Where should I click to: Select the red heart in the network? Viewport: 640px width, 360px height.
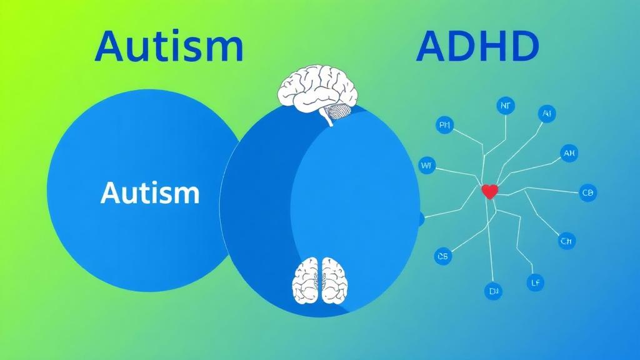click(x=489, y=192)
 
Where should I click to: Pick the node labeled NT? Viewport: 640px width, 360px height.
click(x=505, y=106)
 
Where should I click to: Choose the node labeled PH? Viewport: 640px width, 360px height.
click(x=445, y=126)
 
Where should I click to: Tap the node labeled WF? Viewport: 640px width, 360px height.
click(x=427, y=166)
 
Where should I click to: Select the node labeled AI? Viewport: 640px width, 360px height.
click(x=547, y=114)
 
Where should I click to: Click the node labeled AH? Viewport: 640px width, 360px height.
click(x=569, y=152)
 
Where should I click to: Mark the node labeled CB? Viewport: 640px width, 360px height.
click(x=588, y=192)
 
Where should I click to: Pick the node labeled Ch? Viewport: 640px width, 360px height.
click(x=567, y=240)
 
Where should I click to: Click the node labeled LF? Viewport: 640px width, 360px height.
click(x=535, y=282)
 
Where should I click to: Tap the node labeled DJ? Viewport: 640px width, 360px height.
click(x=493, y=291)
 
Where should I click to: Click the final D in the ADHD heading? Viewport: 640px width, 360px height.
click(x=521, y=46)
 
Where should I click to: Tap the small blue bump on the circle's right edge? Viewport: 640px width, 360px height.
click(x=421, y=219)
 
